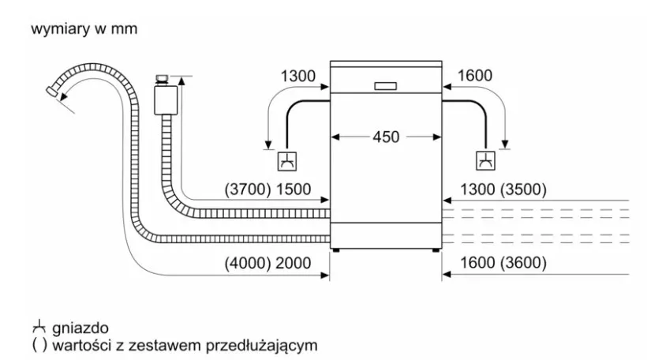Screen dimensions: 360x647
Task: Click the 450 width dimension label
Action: pos(386,137)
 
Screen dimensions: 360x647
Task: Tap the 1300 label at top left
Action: pos(297,76)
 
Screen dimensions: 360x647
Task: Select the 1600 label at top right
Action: pos(473,76)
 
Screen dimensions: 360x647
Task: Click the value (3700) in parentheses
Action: pos(248,189)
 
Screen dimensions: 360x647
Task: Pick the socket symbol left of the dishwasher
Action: pos(285,160)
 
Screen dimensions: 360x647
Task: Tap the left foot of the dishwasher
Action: pos(338,251)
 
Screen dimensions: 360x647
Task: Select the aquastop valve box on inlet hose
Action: pos(165,99)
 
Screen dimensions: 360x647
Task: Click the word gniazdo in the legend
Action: pos(77,327)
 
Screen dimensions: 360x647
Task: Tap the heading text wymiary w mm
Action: pos(84,30)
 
